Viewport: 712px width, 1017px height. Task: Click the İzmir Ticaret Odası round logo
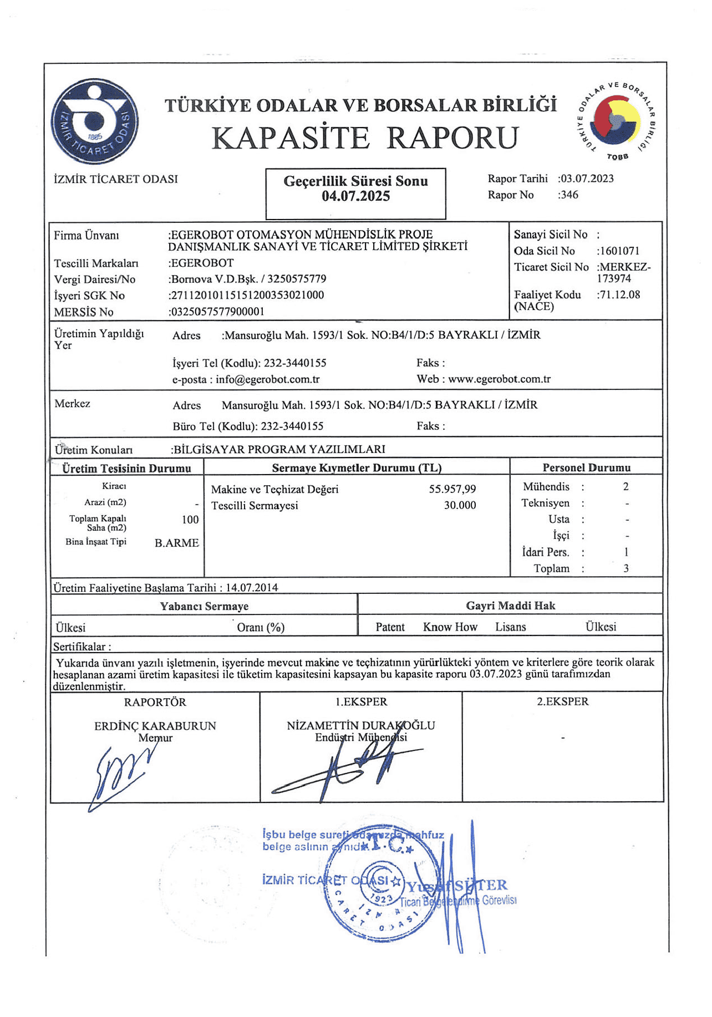coord(95,121)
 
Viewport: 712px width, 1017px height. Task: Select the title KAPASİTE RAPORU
coord(364,138)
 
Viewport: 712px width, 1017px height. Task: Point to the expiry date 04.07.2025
coord(356,196)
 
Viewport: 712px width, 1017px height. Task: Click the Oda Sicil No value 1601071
coord(619,251)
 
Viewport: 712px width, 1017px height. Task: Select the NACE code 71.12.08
coord(619,295)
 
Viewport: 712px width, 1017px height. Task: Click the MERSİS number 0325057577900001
coord(217,312)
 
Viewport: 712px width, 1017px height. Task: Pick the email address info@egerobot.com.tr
coord(268,380)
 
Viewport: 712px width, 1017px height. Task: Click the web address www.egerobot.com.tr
coord(499,379)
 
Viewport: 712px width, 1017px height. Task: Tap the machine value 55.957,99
coord(452,489)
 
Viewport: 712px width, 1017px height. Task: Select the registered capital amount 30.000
coord(460,505)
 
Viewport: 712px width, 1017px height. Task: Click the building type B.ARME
coord(176,543)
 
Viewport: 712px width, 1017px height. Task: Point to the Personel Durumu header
coord(586,468)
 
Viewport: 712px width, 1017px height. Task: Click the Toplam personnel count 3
coord(626,568)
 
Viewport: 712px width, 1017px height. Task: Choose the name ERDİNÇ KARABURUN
coord(155,726)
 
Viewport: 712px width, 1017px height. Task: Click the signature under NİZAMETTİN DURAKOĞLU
coord(349,768)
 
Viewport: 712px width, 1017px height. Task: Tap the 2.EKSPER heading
coord(562,702)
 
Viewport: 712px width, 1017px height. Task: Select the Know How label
coord(450,627)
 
